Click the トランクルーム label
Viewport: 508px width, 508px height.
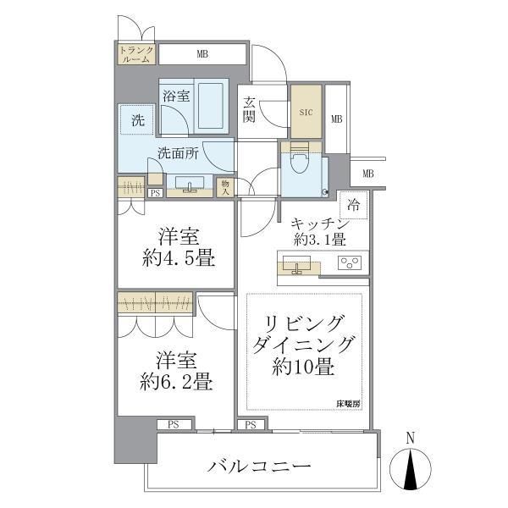[x=135, y=54]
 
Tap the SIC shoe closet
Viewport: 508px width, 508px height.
[x=306, y=109]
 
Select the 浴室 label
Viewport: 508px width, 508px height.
[x=176, y=97]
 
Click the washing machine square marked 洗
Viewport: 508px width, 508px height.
[x=136, y=120]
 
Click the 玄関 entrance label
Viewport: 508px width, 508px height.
[x=251, y=110]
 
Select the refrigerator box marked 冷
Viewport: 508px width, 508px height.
[x=353, y=205]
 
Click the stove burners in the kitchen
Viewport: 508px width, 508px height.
[x=349, y=262]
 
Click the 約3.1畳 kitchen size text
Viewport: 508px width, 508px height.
[x=319, y=240]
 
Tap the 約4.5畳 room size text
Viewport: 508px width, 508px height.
[x=176, y=259]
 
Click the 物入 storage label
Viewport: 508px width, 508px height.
[x=225, y=186]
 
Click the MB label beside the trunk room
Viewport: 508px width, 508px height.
[x=202, y=54]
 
